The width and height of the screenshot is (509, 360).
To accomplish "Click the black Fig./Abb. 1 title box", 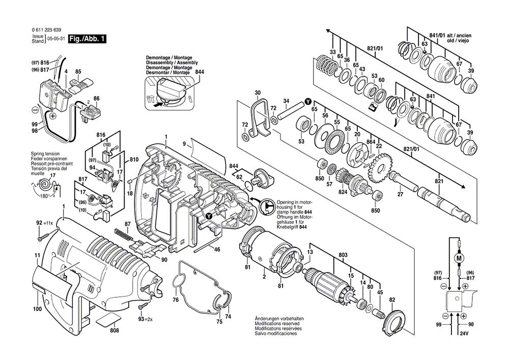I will click(80, 38).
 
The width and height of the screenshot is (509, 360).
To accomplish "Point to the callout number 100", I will click(37, 309).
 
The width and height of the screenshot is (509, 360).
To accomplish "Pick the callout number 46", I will click(217, 250).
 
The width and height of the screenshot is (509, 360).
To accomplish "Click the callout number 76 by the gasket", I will click(176, 301).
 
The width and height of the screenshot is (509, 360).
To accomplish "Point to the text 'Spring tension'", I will click(45, 153).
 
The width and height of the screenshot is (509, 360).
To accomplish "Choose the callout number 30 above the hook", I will click(258, 93).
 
